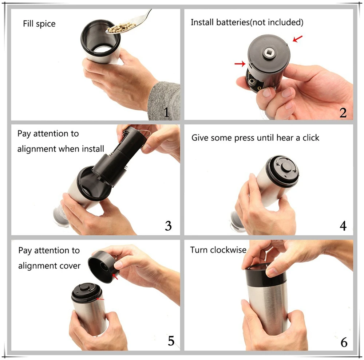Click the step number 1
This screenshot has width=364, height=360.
[166, 112]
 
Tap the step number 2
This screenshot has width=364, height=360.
[343, 113]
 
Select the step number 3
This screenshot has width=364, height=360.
[168, 226]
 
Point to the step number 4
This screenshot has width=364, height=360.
[343, 226]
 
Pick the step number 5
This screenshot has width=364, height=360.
[171, 341]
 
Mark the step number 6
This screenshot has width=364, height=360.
[344, 342]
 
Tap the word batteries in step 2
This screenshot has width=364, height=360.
[233, 22]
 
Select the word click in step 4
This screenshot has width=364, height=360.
[311, 138]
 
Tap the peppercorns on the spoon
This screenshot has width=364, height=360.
[121, 27]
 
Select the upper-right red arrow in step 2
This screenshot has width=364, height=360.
[298, 39]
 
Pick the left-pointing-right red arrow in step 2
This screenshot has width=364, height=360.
[240, 63]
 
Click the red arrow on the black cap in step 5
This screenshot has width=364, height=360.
[115, 276]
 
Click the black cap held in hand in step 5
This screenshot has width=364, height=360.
[102, 267]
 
